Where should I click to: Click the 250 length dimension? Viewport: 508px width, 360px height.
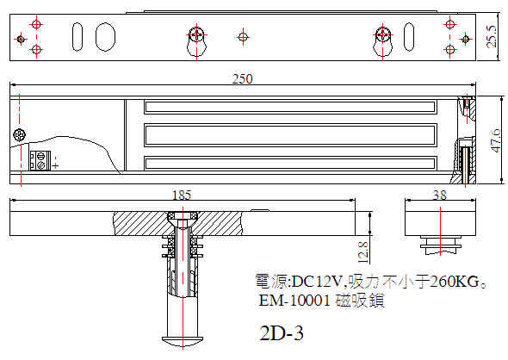coord(242,78)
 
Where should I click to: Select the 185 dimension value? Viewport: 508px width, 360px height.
coord(182,196)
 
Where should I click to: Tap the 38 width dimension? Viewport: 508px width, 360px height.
coord(440,195)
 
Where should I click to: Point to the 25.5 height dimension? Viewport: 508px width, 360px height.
coord(492,36)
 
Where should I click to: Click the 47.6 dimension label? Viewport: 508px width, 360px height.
coord(496,140)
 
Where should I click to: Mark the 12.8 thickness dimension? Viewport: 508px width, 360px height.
coord(363,252)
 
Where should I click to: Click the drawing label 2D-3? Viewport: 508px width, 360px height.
coord(282,333)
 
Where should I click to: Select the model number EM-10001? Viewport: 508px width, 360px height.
coord(294,301)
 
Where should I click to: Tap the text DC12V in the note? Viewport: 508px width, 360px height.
coord(317,282)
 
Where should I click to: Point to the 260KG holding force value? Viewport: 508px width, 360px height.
coord(455,282)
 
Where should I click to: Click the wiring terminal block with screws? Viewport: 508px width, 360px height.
coord(40,160)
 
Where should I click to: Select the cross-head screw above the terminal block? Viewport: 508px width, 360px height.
coord(20,135)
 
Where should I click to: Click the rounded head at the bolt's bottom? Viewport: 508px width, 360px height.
coord(183,341)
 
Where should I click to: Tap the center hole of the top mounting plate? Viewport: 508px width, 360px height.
coord(243,37)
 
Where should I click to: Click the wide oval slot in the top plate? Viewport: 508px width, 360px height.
coord(105,37)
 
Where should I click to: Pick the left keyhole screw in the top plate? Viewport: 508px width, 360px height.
coord(196,34)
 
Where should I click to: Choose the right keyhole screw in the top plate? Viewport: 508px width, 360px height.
coord(382,34)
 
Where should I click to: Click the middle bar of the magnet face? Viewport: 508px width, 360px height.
coord(290,135)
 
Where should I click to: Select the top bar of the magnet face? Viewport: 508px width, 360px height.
coord(290,107)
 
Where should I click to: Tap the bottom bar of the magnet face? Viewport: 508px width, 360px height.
coord(290,164)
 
